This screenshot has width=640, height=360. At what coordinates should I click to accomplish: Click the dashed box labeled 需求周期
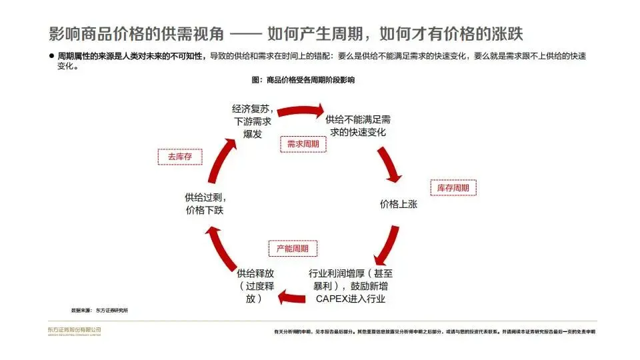pos(303,144)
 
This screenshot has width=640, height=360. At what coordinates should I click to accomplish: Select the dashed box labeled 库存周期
pos(453,188)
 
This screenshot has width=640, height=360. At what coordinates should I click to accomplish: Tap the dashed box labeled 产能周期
pos(292,249)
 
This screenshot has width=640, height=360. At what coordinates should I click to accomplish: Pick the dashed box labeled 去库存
pos(179,157)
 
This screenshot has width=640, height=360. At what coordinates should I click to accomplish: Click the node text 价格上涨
pos(398,205)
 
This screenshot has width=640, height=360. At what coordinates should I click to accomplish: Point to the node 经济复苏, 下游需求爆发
pos(253,121)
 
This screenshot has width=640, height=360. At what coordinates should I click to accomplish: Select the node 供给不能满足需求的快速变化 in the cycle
pos(358,126)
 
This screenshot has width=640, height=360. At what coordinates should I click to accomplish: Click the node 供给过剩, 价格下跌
pos(205,204)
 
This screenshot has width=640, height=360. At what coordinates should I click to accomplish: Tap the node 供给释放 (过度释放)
pos(255,286)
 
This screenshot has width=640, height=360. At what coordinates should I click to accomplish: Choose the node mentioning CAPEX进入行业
pos(350,286)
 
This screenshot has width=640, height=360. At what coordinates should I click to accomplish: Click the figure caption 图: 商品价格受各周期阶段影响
pos(303,80)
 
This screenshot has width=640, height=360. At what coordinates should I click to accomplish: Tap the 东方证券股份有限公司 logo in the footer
pos(74,331)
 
